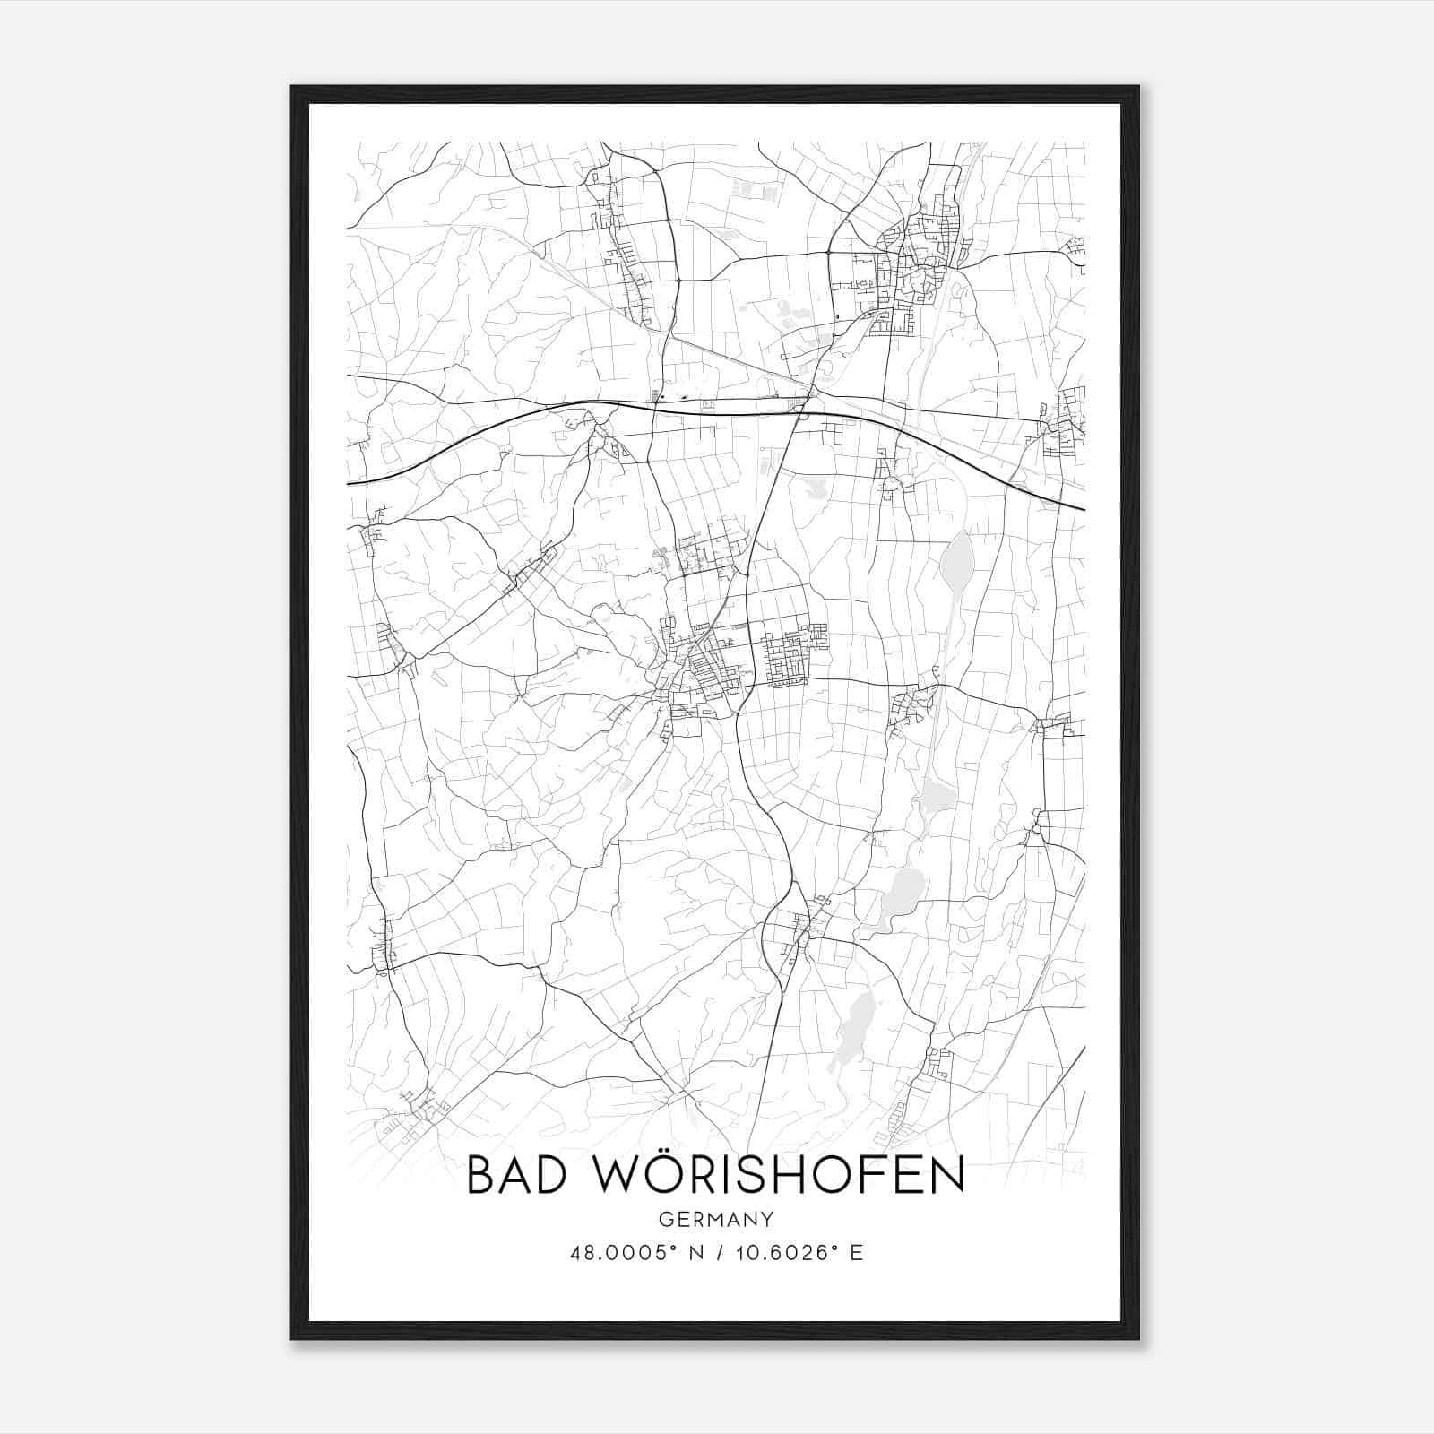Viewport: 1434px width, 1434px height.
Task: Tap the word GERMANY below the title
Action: (716, 1219)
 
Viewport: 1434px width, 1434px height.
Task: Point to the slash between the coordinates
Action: (716, 1253)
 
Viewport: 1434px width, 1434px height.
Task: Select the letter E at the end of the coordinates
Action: (857, 1253)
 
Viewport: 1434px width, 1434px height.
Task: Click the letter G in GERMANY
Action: (664, 1219)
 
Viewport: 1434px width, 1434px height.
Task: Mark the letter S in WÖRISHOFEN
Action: (747, 1175)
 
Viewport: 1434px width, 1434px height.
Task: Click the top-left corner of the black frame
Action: (292, 87)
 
